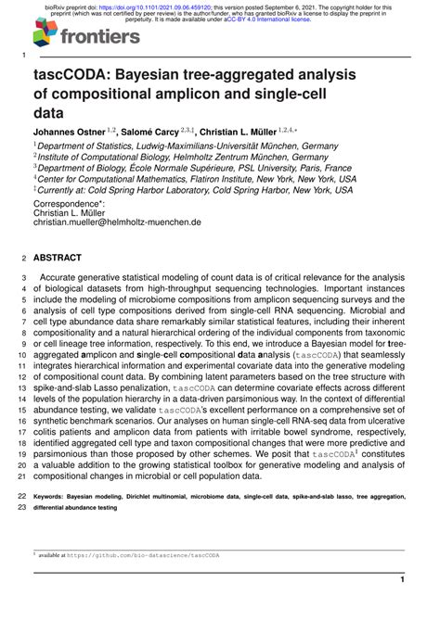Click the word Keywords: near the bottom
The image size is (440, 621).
(x=55, y=497)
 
